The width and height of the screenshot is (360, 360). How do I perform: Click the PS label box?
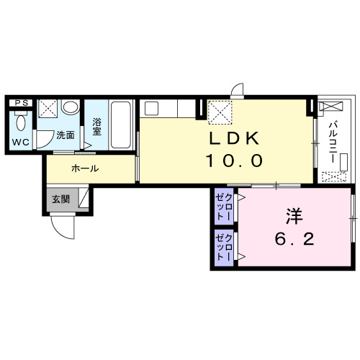tap(21, 103)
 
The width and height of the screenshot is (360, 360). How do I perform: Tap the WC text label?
tap(21, 142)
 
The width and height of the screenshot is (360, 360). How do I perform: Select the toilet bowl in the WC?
tap(21, 122)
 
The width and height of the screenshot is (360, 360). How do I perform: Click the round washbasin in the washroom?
tap(71, 107)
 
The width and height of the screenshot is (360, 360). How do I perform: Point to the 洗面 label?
tap(66, 135)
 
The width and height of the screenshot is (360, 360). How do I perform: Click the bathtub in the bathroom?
tap(121, 125)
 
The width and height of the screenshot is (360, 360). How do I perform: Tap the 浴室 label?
tap(97, 127)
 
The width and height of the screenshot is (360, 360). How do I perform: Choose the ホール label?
tap(85, 168)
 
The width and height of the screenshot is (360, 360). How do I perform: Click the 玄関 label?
tap(61, 199)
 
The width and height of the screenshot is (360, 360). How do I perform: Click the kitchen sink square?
tap(151, 108)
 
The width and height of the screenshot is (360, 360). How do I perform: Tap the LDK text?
tap(234, 138)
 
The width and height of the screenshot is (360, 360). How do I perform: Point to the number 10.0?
tap(234, 161)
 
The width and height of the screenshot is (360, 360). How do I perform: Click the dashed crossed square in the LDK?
tap(220, 112)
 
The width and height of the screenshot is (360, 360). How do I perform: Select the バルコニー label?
tap(333, 143)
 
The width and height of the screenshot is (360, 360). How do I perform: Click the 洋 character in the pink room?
tap(294, 216)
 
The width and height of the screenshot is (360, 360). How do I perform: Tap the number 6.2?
tap(294, 239)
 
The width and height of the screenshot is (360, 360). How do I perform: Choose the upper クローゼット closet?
tap(224, 207)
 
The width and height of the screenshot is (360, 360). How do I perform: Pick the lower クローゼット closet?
tap(224, 248)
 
